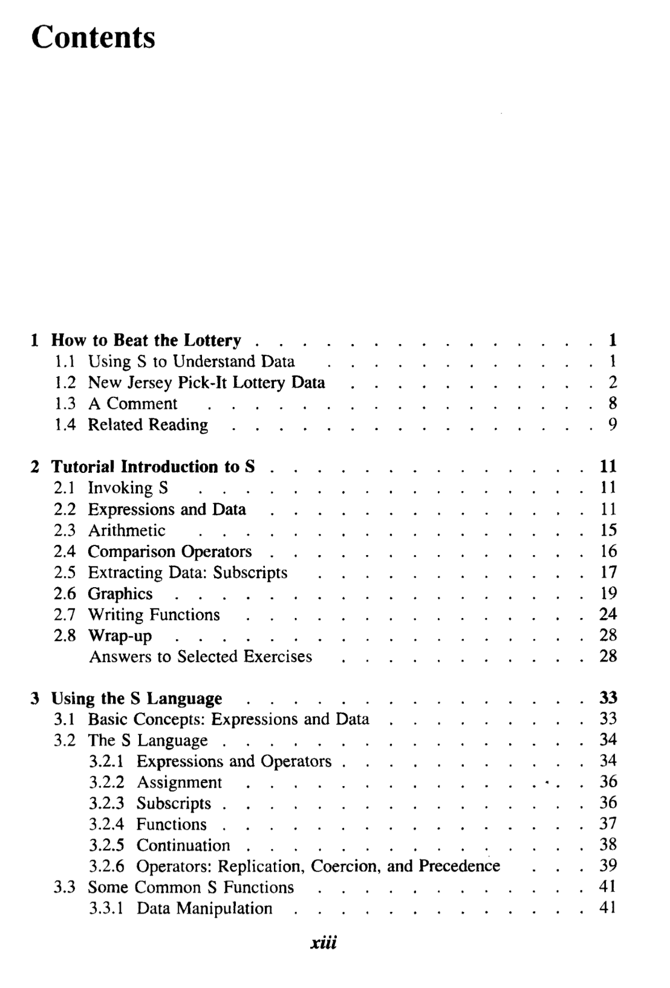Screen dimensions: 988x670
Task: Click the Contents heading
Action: pyautogui.click(x=93, y=37)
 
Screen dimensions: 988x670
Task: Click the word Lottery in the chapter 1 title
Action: pyautogui.click(x=212, y=340)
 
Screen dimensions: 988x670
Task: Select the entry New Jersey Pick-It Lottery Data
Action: pyautogui.click(x=206, y=383)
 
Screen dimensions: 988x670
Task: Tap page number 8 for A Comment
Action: pyautogui.click(x=612, y=403)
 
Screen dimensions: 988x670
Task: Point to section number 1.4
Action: pyautogui.click(x=65, y=425)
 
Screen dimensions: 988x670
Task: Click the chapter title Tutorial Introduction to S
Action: pyautogui.click(x=153, y=467)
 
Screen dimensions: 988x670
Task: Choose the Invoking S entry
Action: pyautogui.click(x=128, y=488)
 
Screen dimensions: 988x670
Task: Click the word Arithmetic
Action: pyautogui.click(x=126, y=530)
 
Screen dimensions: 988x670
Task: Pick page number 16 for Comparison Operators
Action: pyautogui.click(x=608, y=551)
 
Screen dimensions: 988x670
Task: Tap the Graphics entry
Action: pyautogui.click(x=120, y=594)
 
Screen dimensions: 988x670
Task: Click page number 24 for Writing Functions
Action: pyautogui.click(x=608, y=615)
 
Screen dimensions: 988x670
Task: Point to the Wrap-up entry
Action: pyautogui.click(x=120, y=636)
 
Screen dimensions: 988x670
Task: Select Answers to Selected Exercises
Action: pyautogui.click(x=201, y=657)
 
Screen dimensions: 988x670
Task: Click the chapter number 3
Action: pyautogui.click(x=36, y=699)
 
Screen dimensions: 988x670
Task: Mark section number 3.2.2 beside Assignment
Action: pyautogui.click(x=106, y=782)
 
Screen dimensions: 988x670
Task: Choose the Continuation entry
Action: pyautogui.click(x=183, y=845)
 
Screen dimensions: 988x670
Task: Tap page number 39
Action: pyautogui.click(x=608, y=866)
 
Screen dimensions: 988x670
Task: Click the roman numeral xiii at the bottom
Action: pyautogui.click(x=323, y=943)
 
